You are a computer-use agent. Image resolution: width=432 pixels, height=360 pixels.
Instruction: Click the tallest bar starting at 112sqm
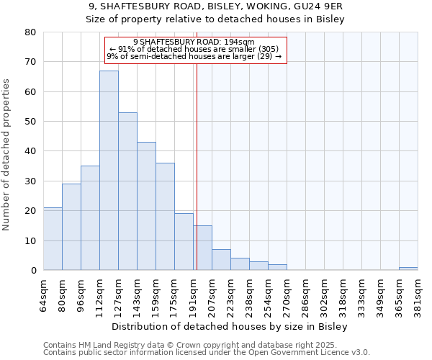(109, 171)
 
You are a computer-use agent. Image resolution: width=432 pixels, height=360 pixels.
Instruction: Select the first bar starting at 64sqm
(53, 239)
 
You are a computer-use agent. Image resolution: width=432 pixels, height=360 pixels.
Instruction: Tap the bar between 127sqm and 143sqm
(127, 192)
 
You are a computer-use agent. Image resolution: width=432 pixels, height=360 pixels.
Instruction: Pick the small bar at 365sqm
(408, 269)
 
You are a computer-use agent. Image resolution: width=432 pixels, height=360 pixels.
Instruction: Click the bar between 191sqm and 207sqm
(202, 248)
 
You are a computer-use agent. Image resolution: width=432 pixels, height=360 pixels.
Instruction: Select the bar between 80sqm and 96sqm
(71, 227)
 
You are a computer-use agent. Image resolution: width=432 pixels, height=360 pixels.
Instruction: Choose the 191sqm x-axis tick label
(193, 296)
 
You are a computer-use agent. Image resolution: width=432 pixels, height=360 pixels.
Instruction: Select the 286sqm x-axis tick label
(305, 296)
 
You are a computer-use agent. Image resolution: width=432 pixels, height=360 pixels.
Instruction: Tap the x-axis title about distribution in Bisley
(230, 327)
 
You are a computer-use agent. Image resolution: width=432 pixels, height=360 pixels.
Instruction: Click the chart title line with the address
(215, 6)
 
